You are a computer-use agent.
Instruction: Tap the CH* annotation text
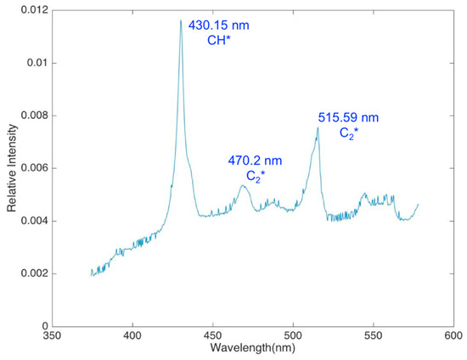[x=222, y=40]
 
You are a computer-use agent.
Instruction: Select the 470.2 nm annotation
[x=255, y=160]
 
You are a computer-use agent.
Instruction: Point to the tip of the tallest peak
[x=181, y=21]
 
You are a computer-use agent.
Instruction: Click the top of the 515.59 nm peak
[x=318, y=128]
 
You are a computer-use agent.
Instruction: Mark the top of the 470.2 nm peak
[x=244, y=185]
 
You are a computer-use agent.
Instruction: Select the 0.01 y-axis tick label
[x=37, y=63]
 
